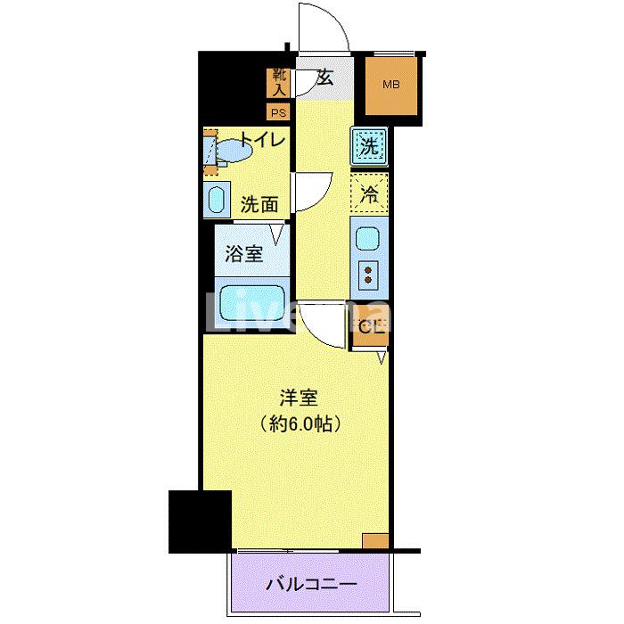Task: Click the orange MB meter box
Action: click(391, 86)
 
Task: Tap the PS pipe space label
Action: click(279, 112)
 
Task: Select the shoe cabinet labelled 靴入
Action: click(279, 82)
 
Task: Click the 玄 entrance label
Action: click(324, 78)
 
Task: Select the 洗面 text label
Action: click(259, 204)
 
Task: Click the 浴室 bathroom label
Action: click(243, 253)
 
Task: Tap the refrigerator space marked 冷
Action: click(368, 192)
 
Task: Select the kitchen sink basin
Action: click(366, 239)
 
